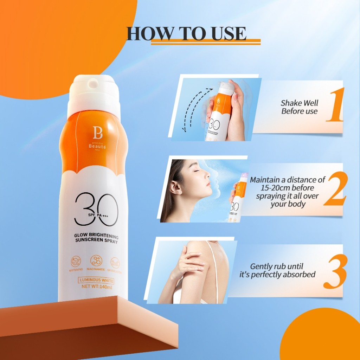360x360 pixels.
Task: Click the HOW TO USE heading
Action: (186, 33)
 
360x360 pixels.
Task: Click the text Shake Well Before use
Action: (299, 107)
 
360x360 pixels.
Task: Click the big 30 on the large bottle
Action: (96, 210)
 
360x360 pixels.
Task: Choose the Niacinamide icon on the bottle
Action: (96, 261)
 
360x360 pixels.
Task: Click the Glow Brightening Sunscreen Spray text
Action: (96, 238)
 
